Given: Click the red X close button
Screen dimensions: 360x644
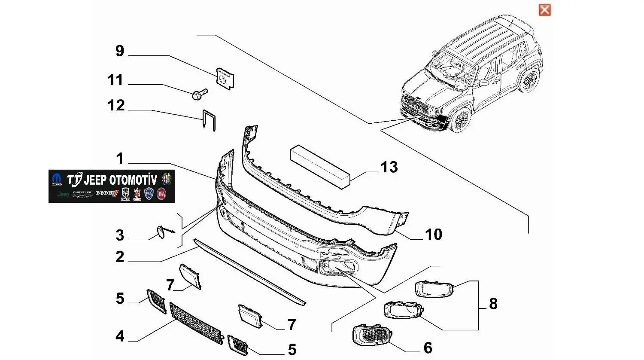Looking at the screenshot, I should click(x=544, y=10).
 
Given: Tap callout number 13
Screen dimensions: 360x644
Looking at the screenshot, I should click(x=389, y=167).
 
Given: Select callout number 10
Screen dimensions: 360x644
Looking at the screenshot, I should click(x=433, y=235).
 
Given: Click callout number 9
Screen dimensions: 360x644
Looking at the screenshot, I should click(x=120, y=51).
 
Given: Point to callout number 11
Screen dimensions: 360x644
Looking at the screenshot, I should click(x=115, y=80).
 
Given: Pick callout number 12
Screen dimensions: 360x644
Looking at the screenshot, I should click(x=116, y=105).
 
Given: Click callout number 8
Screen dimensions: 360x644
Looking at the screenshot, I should click(x=493, y=304).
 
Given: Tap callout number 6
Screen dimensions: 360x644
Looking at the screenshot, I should click(x=428, y=348).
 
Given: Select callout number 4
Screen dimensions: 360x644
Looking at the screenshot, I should click(x=120, y=336).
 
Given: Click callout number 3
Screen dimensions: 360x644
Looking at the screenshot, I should click(x=120, y=235).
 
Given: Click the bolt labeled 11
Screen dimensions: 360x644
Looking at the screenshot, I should click(x=199, y=93).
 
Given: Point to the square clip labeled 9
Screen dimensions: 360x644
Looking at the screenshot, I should click(x=225, y=78).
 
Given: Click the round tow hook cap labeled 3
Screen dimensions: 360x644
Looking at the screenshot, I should click(x=161, y=232).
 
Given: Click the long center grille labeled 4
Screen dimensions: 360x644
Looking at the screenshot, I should click(x=196, y=323).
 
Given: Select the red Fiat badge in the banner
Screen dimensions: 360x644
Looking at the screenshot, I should click(x=161, y=194).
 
